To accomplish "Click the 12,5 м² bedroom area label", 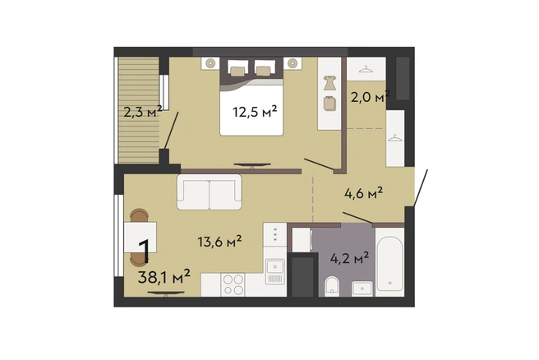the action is (x=255, y=112).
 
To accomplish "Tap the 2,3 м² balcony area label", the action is (x=143, y=112).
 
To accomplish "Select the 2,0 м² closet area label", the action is (x=370, y=97).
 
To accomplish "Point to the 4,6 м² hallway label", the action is (x=364, y=193).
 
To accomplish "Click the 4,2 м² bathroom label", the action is (x=349, y=257).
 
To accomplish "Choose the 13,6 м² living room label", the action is (x=219, y=242).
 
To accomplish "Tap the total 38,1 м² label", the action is (x=164, y=277).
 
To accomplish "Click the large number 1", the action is (x=144, y=252).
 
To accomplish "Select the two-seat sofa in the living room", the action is (x=210, y=192).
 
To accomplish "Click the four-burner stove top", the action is (x=233, y=284).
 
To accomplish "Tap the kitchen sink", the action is (x=275, y=271).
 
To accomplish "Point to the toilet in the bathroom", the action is (x=332, y=284).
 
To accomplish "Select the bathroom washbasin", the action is (x=362, y=288).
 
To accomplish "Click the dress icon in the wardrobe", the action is (x=329, y=83).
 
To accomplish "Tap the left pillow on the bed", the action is (x=237, y=72).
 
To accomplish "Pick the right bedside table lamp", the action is (x=293, y=63).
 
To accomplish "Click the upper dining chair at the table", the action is (x=140, y=215).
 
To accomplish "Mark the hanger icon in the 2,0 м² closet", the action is (x=366, y=70).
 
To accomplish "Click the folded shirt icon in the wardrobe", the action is (x=330, y=104).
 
